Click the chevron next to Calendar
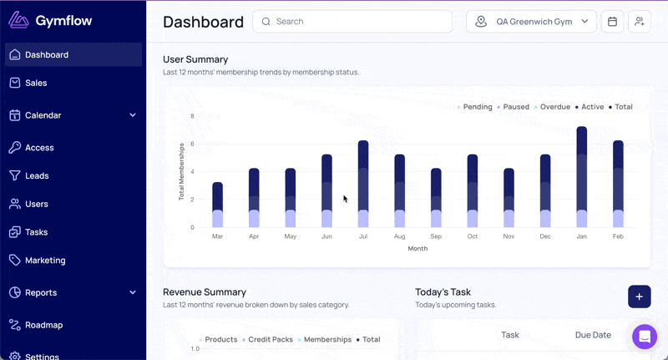[x=133, y=115]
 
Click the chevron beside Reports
[x=133, y=292]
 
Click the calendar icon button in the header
[x=612, y=22]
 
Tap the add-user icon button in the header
[x=640, y=22]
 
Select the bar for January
[x=581, y=177]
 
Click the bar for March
[x=217, y=205]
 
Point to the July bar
[x=363, y=184]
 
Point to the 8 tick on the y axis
[x=193, y=116]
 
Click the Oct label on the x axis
[x=473, y=236]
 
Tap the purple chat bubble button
[x=645, y=337]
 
